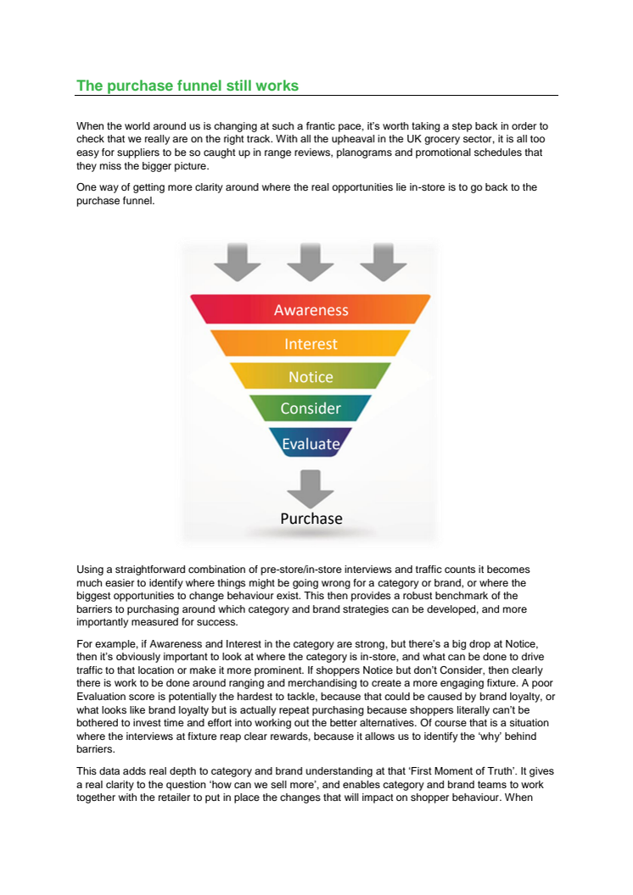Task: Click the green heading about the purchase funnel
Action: point(188,86)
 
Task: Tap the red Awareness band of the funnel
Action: point(311,309)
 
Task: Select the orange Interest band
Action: point(311,343)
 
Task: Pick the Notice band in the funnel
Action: point(311,376)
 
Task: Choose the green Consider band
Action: point(311,409)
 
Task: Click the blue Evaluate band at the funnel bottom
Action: point(311,442)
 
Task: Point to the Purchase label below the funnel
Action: point(311,519)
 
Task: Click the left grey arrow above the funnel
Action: point(238,262)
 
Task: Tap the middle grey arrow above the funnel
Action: point(311,262)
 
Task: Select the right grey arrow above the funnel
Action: point(384,262)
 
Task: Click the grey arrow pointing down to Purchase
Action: point(311,488)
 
